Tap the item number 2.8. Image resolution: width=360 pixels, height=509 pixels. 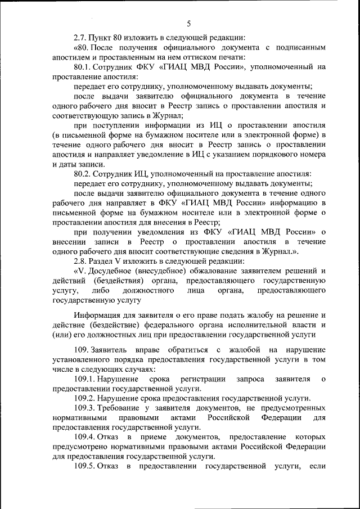point(81,262)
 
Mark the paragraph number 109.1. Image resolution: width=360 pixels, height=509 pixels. point(85,379)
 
